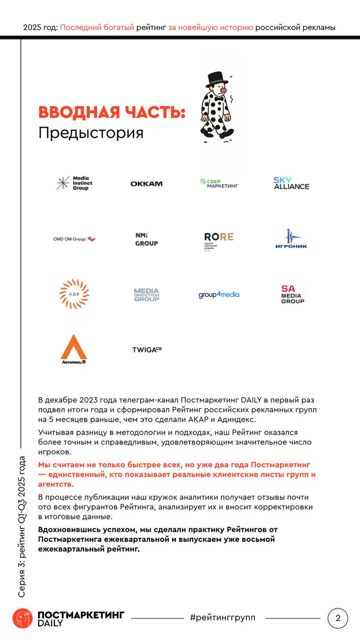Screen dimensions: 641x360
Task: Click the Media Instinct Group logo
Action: coord(74,183)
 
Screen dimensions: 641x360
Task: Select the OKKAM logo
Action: coord(146,184)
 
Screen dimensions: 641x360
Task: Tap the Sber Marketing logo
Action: coord(219,184)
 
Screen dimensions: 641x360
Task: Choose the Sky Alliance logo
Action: coord(291,183)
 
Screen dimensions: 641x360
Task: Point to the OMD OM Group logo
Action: coord(74,239)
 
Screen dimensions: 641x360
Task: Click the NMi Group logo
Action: coord(146,239)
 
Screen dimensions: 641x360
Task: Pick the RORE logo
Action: coord(219,239)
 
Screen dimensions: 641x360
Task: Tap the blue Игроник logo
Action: coord(291,239)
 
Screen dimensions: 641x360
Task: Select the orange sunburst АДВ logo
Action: coord(74,294)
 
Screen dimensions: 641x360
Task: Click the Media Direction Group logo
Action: coord(146,294)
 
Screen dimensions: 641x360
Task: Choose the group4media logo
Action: coord(219,294)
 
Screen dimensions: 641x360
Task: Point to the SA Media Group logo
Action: coord(292,294)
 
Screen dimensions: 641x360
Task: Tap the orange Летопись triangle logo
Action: coord(74,349)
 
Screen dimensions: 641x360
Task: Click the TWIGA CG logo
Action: coord(147,350)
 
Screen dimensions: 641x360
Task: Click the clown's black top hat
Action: coord(215,79)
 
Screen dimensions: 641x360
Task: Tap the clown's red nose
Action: coord(223,93)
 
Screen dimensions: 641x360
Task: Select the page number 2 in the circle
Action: coord(337,618)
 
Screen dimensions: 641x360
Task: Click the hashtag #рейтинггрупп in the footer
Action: coord(222,618)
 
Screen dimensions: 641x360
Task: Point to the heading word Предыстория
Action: coord(91,133)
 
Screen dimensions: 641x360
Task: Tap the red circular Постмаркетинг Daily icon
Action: coord(23,618)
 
